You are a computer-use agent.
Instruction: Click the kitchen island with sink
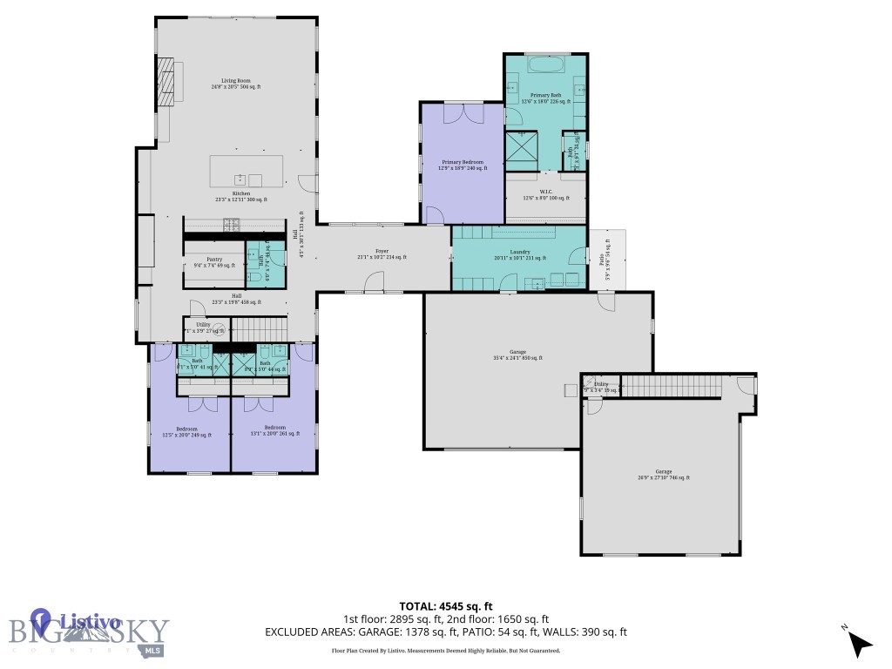click(247, 171)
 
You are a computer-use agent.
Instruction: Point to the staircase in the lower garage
click(671, 385)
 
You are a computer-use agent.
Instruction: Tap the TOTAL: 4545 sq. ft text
click(446, 606)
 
